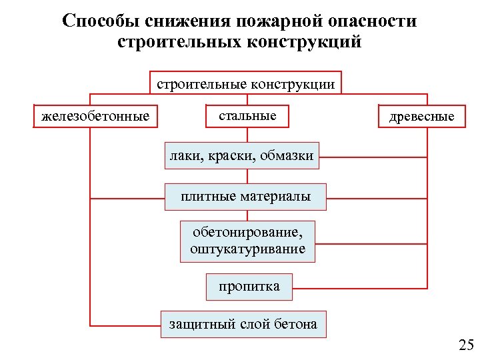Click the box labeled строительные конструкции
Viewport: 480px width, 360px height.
click(x=245, y=84)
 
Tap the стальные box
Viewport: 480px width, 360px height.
click(x=247, y=116)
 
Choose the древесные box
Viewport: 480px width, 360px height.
click(x=422, y=117)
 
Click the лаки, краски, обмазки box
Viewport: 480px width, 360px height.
click(x=241, y=156)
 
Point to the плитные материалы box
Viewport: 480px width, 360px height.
click(x=246, y=197)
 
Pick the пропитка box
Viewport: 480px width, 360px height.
click(x=249, y=287)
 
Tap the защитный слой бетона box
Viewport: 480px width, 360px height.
click(x=243, y=325)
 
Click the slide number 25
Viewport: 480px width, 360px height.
click(x=465, y=345)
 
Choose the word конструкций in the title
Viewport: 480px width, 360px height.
click(x=305, y=42)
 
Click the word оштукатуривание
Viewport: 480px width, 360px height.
click(x=247, y=249)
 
